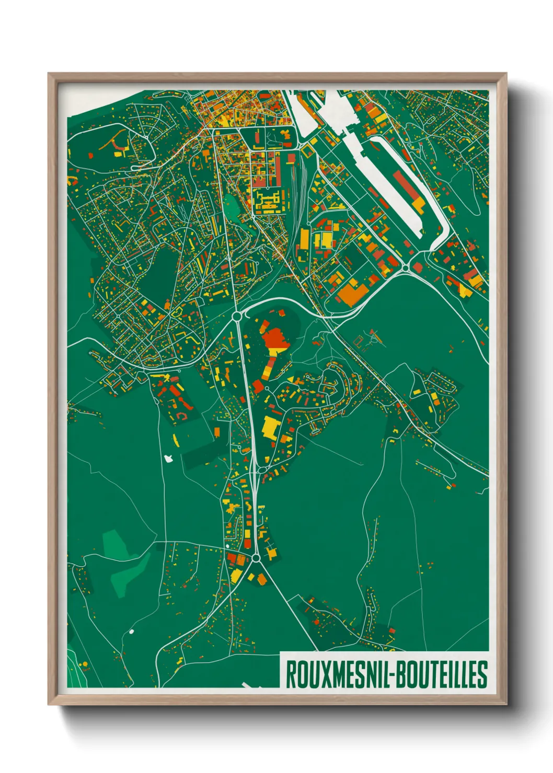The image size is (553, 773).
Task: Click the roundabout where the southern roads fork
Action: point(256,558)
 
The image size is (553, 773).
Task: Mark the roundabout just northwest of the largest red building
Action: point(237,316)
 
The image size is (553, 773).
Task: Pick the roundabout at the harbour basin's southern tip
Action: point(405,268)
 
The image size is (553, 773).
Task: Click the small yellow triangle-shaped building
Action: point(289,379)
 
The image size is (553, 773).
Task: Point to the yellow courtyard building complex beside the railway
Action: point(267,201)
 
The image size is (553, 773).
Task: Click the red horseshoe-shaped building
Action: point(182,416)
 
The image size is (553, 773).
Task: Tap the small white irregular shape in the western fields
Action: point(168,459)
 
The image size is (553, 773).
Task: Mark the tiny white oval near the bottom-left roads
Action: point(131,631)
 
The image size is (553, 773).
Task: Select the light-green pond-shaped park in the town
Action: point(232,207)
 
